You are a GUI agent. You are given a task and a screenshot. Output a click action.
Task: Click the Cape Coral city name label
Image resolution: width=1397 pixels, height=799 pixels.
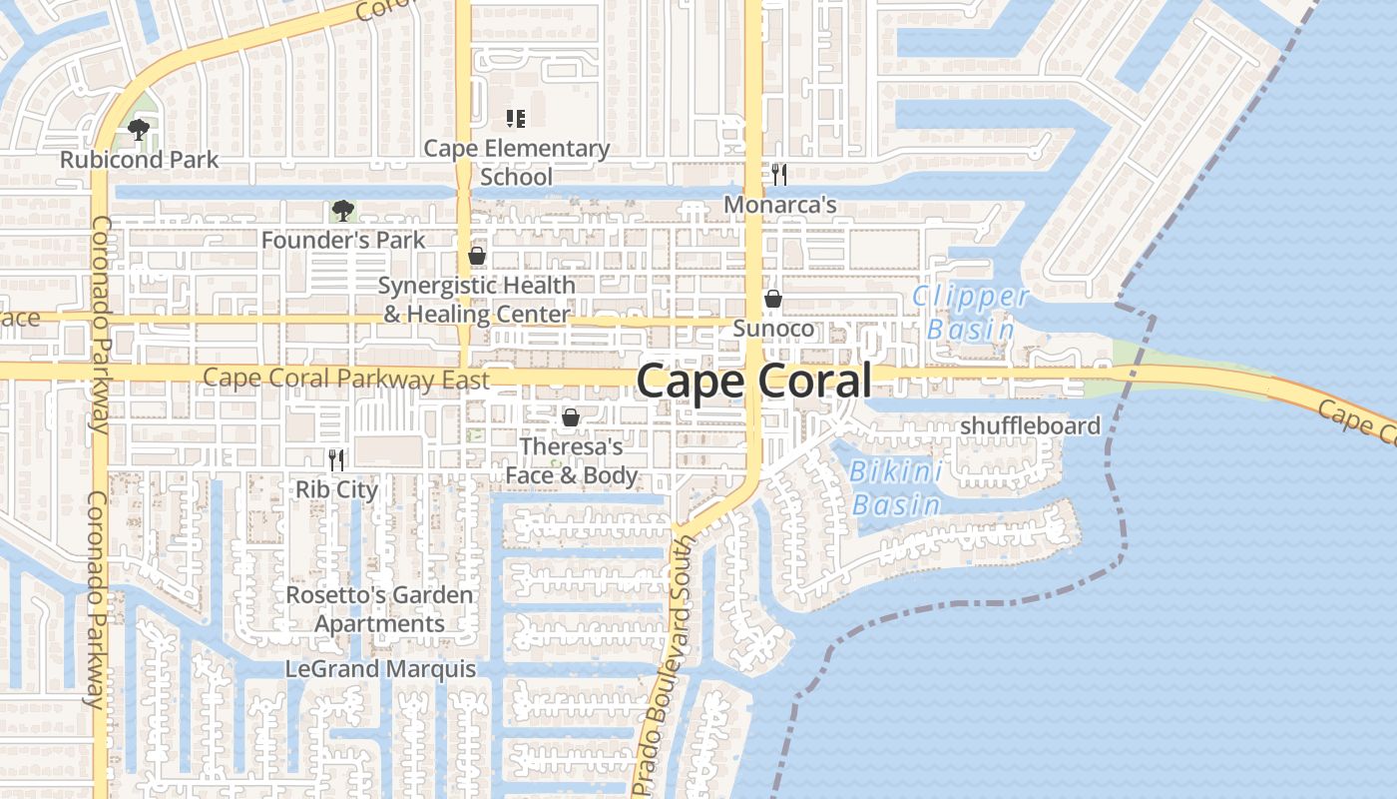click(753, 381)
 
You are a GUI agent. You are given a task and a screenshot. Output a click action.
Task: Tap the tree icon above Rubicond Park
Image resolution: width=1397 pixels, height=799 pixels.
click(139, 129)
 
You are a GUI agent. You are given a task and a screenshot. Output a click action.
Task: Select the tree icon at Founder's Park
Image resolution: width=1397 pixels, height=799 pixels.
click(342, 211)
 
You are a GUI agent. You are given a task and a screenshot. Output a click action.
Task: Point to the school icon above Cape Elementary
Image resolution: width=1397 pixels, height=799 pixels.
click(515, 120)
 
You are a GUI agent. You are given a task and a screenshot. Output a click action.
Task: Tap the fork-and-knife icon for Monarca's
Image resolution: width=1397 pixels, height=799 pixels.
click(779, 175)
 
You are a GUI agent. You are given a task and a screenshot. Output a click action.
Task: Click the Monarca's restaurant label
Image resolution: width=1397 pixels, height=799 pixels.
click(779, 205)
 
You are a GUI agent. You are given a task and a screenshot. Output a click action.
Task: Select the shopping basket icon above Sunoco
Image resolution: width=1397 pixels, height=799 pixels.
click(772, 299)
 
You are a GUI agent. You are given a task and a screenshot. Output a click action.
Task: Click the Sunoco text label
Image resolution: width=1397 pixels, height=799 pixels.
click(772, 328)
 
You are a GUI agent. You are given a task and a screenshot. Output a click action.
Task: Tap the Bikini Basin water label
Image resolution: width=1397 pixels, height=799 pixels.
click(897, 488)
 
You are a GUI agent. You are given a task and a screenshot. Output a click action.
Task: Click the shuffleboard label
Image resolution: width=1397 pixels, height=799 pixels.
click(1030, 426)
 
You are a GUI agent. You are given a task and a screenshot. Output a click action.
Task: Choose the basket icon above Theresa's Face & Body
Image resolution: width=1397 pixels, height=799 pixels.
click(571, 417)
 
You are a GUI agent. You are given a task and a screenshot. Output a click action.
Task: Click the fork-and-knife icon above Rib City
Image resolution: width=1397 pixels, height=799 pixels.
click(336, 459)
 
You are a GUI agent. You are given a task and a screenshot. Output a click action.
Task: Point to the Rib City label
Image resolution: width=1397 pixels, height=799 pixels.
click(336, 489)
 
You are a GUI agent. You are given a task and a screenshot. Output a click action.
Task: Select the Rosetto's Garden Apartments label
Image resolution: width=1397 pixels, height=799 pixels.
click(379, 609)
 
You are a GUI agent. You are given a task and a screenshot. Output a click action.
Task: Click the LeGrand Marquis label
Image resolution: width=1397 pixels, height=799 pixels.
click(380, 669)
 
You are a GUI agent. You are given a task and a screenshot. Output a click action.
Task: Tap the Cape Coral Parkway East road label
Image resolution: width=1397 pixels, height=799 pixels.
click(345, 380)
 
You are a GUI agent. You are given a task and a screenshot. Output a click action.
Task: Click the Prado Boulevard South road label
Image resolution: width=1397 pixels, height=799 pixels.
click(663, 664)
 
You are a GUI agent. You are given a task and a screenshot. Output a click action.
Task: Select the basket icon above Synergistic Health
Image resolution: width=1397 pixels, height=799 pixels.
click(477, 257)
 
